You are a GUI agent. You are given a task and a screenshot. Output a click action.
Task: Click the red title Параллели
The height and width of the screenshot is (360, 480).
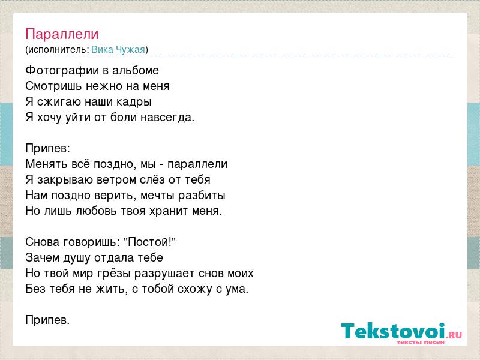pyautogui.click(x=62, y=34)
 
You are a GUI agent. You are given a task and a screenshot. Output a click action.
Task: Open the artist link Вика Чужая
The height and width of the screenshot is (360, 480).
pyautogui.click(x=118, y=50)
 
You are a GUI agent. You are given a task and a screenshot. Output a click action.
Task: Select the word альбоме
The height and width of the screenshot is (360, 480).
pyautogui.click(x=136, y=71)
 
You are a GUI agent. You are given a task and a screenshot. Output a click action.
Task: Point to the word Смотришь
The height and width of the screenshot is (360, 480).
pyautogui.click(x=53, y=86)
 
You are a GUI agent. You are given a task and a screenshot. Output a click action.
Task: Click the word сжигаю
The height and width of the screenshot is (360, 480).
pyautogui.click(x=59, y=102)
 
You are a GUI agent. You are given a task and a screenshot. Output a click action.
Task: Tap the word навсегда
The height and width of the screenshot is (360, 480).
pyautogui.click(x=167, y=118)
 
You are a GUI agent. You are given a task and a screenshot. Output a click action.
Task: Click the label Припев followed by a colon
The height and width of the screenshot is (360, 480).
pyautogui.click(x=48, y=149)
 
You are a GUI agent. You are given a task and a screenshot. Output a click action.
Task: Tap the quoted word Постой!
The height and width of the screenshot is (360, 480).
pyautogui.click(x=149, y=242)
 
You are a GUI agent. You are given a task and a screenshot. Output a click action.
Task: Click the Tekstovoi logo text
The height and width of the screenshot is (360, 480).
pyautogui.click(x=393, y=331)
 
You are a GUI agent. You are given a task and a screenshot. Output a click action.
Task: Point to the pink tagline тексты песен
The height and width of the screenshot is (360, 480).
pyautogui.click(x=421, y=342)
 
